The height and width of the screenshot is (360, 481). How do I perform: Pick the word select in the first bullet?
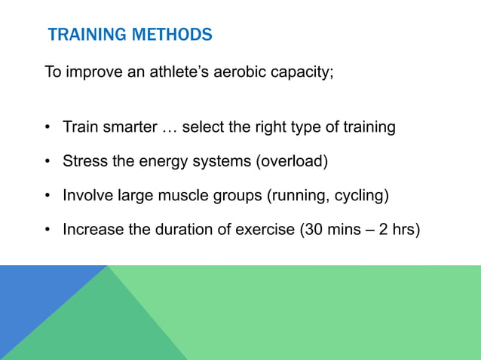pos(203,127)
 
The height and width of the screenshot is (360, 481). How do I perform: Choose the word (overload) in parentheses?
pos(292,162)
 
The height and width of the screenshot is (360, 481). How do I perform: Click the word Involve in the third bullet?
pos(88,196)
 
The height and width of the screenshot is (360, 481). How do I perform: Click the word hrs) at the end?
pos(405,229)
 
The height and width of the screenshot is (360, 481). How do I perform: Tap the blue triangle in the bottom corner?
pos(34,301)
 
